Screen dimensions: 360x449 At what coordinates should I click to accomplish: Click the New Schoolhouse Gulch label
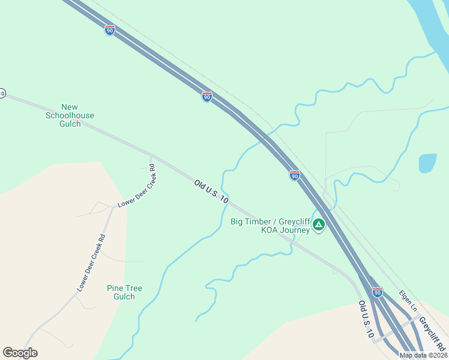(70, 115)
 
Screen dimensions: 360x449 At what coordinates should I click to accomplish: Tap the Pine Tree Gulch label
(124, 292)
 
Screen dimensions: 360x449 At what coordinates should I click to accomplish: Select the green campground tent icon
(319, 226)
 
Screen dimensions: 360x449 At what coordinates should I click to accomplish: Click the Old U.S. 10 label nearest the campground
(211, 191)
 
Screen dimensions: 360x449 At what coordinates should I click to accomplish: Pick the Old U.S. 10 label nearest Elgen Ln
(366, 319)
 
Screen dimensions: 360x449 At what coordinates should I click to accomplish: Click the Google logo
(20, 353)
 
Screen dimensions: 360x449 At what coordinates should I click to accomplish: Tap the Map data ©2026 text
(423, 355)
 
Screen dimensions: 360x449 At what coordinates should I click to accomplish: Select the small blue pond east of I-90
(427, 163)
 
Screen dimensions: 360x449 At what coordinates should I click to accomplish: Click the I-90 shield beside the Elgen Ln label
(377, 292)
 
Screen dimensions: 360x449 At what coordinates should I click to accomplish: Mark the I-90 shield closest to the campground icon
(294, 175)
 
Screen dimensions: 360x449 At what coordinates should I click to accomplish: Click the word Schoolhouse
(70, 115)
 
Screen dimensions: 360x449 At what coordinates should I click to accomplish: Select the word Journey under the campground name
(295, 230)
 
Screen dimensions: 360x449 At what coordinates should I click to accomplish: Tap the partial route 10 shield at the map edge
(2, 94)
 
